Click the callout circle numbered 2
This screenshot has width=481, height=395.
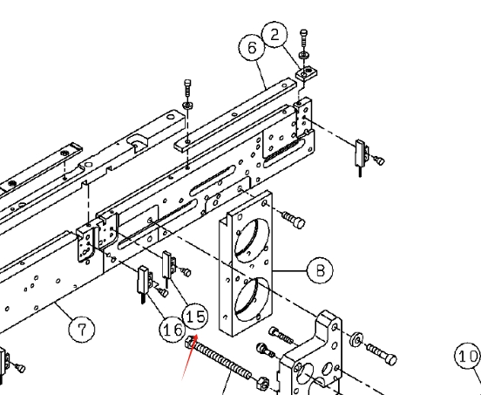pyautogui.click(x=274, y=34)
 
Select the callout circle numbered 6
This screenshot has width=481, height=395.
pyautogui.click(x=252, y=48)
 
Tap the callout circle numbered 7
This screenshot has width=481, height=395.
pyautogui.click(x=82, y=329)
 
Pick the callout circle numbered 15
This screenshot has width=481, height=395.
pyautogui.click(x=195, y=317)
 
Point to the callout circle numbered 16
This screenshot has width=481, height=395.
pyautogui.click(x=173, y=330)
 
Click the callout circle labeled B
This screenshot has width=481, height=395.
pyautogui.click(x=320, y=270)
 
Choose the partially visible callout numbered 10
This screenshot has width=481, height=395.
pyautogui.click(x=468, y=356)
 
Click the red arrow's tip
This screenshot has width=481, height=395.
pyautogui.click(x=197, y=335)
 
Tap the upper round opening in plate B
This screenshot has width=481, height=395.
pyautogui.click(x=252, y=240)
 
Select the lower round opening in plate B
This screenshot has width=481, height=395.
pyautogui.click(x=252, y=300)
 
